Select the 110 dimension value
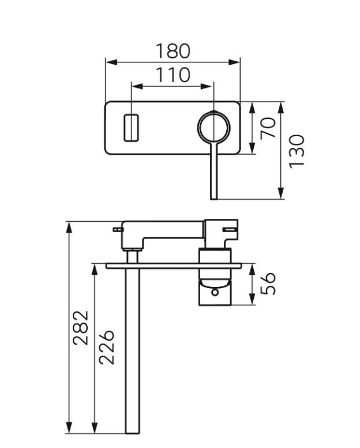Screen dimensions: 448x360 click(172, 75)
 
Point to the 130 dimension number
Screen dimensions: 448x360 click(296, 151)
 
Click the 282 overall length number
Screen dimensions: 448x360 click(81, 327)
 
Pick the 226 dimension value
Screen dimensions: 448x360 click(107, 347)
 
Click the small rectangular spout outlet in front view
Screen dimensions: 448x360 click(132, 128)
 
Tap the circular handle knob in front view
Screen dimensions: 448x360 click(214, 126)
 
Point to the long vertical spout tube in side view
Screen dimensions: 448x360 click(133, 352)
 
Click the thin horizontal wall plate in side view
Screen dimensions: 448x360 click(173, 266)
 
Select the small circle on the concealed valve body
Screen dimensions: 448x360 click(215, 292)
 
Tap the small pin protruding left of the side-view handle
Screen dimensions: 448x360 click(118, 229)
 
